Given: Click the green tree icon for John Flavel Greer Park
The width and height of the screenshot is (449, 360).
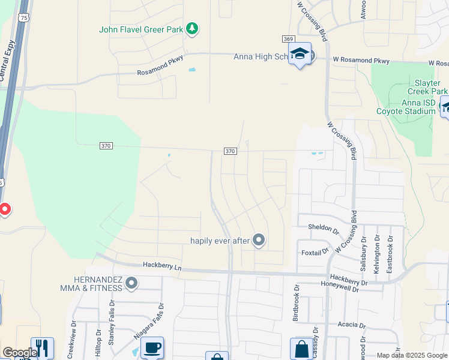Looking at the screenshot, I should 192,28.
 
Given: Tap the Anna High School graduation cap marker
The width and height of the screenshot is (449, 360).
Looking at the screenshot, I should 300,55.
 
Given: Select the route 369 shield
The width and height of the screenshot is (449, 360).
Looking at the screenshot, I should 288,39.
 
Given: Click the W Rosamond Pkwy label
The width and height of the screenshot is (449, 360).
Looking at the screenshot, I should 361,61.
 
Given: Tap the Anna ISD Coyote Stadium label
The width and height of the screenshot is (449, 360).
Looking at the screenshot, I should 406,107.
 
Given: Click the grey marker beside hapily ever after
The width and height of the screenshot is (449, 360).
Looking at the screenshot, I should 259,241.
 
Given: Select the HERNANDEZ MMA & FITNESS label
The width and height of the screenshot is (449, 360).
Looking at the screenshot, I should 98,284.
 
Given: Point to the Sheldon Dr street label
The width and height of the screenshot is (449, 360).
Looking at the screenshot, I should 323,227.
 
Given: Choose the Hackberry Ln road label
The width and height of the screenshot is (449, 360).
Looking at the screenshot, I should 162,265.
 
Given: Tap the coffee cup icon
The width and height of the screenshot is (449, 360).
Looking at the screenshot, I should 152,347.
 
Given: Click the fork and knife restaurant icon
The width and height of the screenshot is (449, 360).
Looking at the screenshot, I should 42,347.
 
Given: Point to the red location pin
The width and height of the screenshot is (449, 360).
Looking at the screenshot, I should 4,209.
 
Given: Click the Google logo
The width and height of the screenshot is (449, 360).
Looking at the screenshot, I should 19,353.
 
